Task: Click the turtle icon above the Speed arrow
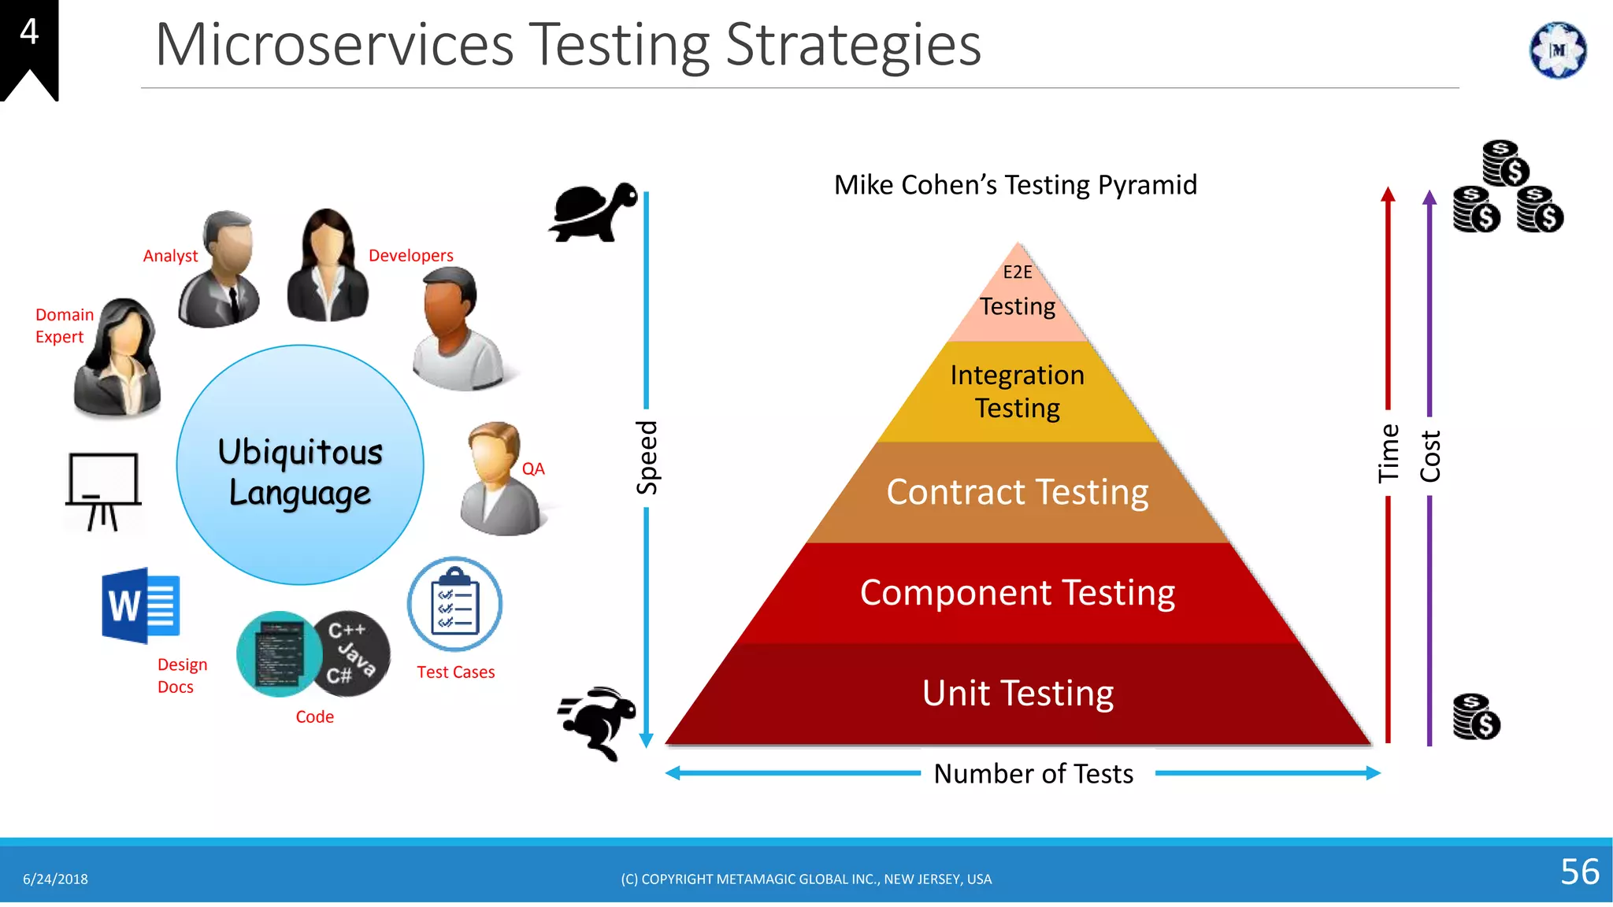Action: (593, 211)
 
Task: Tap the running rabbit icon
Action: (598, 722)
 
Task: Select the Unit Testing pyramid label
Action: (1018, 694)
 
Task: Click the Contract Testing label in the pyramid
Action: (1017, 492)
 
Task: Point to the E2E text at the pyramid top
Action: (1017, 272)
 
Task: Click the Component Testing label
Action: (1017, 593)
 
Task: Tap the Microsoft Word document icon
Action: (140, 605)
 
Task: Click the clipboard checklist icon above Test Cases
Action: (454, 604)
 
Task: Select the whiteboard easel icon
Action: (103, 491)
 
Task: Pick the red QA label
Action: (533, 469)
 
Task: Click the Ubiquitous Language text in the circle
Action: (300, 472)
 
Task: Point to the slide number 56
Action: (1579, 872)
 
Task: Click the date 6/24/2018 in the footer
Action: (55, 879)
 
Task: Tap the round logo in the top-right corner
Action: (1557, 50)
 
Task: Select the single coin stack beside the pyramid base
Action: (1476, 716)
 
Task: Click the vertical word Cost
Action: (1430, 456)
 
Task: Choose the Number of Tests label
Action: (1033, 774)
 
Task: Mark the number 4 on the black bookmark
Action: (29, 32)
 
